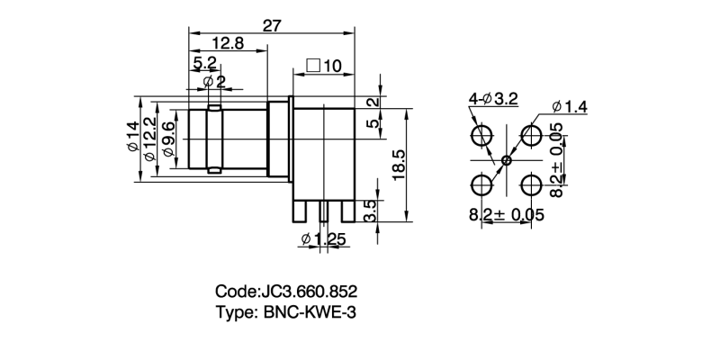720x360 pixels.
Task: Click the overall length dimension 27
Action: click(273, 26)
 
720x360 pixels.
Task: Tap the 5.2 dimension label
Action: click(204, 63)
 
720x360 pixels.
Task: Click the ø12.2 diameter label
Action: click(150, 138)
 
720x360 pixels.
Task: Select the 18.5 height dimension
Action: click(400, 165)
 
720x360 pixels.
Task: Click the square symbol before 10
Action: click(313, 66)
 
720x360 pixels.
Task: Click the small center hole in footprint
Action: click(506, 161)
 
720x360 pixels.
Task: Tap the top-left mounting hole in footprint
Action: click(481, 137)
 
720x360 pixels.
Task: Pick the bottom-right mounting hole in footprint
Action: click(531, 185)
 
